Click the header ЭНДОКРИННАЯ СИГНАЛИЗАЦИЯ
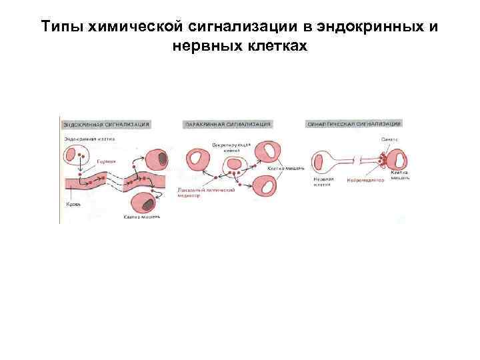(x=106, y=124)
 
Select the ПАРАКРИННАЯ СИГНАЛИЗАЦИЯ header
(x=227, y=124)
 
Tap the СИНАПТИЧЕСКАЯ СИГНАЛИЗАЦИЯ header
(x=353, y=124)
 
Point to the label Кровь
(x=73, y=204)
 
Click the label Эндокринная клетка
(x=89, y=139)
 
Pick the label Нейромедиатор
(x=366, y=181)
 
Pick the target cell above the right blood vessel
(x=159, y=159)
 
